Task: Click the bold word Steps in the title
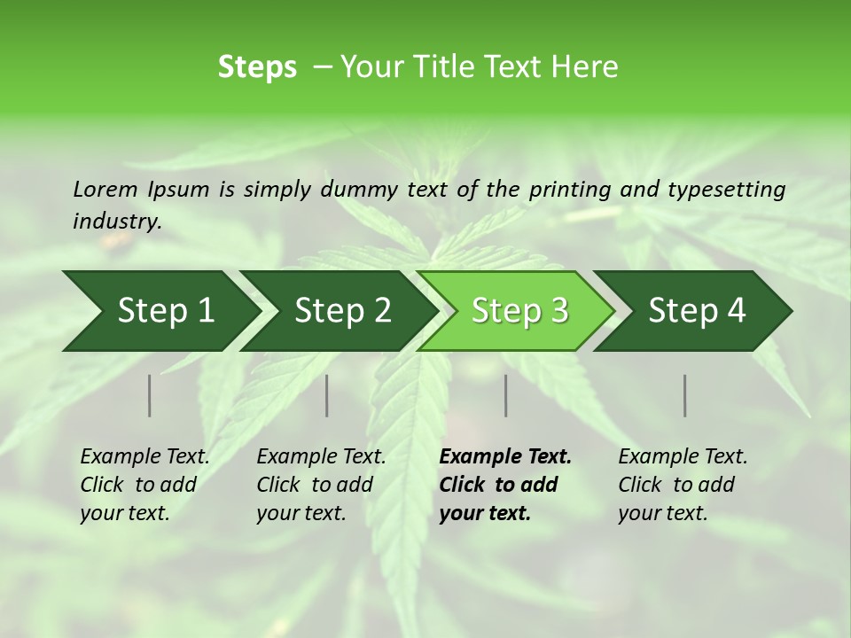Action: tap(257, 67)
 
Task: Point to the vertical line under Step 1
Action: tap(150, 395)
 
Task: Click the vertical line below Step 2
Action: tap(327, 395)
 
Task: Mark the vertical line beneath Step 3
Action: tap(506, 395)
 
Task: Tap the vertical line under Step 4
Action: tap(685, 395)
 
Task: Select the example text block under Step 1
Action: tap(144, 485)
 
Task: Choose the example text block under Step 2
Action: tap(321, 485)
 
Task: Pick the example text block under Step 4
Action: tap(683, 485)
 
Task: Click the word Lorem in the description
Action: tap(105, 190)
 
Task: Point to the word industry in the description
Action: tap(116, 222)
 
